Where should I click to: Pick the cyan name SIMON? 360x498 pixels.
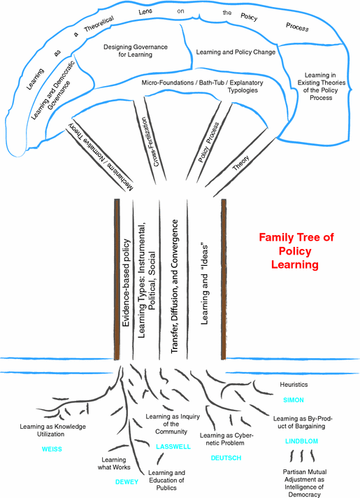click(294, 400)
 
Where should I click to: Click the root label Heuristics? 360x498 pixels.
click(294, 385)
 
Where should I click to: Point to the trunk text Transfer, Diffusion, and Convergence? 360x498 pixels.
click(175, 279)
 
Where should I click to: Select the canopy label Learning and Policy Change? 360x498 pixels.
click(236, 52)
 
